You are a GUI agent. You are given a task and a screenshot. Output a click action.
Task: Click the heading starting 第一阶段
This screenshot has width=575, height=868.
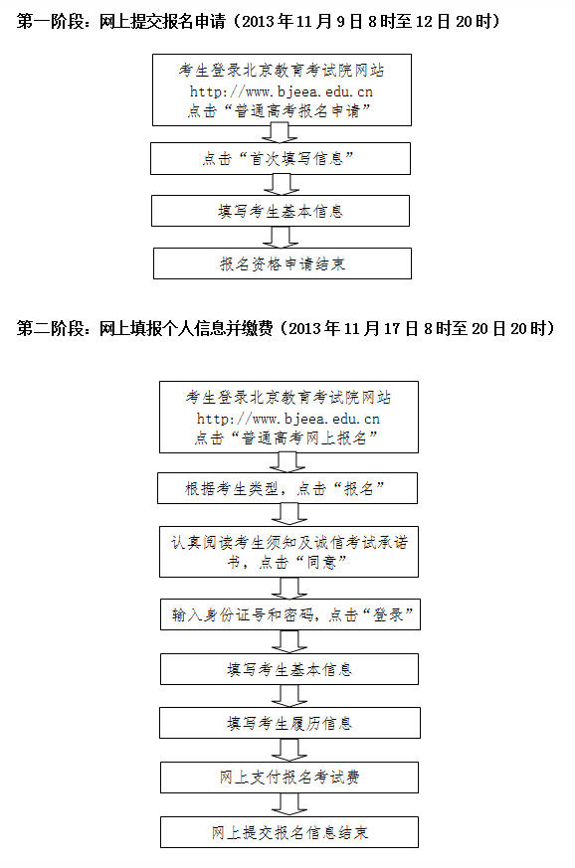[258, 22]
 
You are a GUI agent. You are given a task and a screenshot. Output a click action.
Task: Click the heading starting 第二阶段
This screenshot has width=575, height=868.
[286, 328]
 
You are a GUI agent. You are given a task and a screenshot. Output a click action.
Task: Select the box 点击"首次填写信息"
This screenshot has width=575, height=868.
[281, 159]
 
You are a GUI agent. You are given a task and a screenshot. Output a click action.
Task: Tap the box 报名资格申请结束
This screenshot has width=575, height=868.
[282, 263]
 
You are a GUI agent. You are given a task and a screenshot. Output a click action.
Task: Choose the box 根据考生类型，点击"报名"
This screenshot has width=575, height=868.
[287, 488]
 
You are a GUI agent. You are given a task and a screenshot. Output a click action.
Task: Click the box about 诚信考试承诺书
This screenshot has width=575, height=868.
[288, 552]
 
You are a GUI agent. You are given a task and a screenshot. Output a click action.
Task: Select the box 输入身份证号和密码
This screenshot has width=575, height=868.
[290, 614]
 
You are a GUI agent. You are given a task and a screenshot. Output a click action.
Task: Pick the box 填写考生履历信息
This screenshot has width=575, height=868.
[289, 723]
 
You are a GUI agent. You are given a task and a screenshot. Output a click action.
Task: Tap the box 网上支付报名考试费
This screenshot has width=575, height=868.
[289, 778]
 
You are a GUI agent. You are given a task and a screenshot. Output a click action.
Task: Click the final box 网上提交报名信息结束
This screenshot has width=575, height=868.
[289, 832]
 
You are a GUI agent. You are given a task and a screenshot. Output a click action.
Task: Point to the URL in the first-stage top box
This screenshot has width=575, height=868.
[281, 91]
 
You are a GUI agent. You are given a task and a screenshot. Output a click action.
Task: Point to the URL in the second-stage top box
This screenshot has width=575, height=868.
[288, 419]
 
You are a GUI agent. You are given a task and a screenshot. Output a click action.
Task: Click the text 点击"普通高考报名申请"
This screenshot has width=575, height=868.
[280, 110]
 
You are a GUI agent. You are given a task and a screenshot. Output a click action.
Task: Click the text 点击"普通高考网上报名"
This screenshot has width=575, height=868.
[286, 437]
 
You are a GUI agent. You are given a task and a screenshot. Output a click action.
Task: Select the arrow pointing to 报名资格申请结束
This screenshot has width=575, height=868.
[282, 237]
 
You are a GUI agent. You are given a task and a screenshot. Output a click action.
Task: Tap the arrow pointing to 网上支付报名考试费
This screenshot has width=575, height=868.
[289, 750]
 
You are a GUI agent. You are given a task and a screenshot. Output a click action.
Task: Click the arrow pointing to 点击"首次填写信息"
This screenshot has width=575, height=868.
[281, 134]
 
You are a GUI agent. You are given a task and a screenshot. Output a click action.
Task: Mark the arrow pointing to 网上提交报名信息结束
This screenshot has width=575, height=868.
[289, 805]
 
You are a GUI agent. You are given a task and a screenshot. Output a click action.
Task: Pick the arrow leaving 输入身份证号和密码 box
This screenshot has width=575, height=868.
[289, 641]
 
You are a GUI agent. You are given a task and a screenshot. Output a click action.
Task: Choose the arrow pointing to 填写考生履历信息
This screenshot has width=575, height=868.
[289, 696]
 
